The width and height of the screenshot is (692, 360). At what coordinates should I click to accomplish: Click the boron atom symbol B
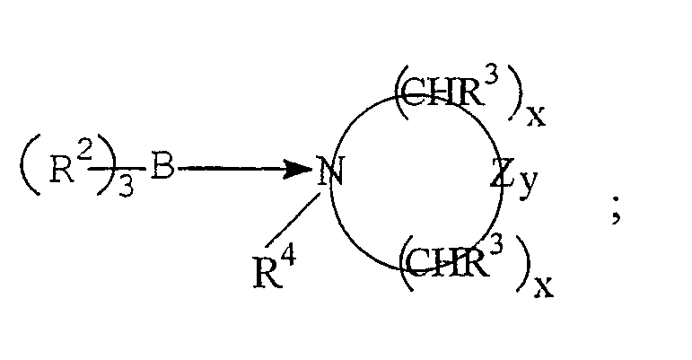point(162,166)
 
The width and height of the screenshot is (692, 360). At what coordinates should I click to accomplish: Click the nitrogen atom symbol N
point(329,171)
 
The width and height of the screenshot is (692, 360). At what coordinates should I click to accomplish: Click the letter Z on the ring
point(502,173)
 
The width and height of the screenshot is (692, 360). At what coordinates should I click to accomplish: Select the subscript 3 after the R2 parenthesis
point(126,189)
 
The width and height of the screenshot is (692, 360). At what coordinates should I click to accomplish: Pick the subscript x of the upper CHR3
point(536,117)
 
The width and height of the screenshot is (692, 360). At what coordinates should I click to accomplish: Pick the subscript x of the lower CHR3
point(543,287)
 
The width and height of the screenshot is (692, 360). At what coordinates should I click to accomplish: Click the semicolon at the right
point(617,212)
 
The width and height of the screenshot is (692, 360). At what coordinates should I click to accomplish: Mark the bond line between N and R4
point(292,221)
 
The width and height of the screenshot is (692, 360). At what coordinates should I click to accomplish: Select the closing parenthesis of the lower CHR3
point(523,263)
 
